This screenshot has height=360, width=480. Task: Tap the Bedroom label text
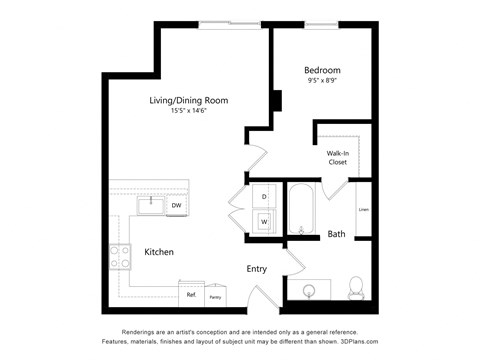pos(322,70)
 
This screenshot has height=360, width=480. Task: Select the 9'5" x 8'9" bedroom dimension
pos(322,82)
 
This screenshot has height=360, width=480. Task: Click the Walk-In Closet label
pos(338,157)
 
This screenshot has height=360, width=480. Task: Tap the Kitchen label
pos(161,252)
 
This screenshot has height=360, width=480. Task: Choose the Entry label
pos(257,269)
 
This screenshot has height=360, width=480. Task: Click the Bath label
pos(337,235)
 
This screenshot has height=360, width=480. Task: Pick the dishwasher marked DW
pos(176,206)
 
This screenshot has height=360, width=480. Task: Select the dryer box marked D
pos(265,197)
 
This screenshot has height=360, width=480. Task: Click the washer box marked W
pos(265,221)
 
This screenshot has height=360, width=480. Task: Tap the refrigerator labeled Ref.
pos(190,295)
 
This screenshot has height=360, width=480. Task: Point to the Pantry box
pos(215,296)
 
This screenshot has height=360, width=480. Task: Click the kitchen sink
pos(151,205)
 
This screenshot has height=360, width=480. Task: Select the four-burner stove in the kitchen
pos(120,257)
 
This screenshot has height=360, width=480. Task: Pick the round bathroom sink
pos(309,291)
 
